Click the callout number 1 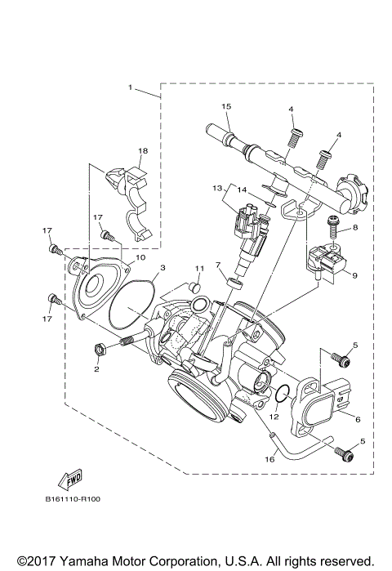[131, 87]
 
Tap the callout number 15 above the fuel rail [226, 106]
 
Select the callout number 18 [143, 151]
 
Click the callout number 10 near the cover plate [140, 257]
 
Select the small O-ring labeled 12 [280, 395]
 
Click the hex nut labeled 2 [100, 350]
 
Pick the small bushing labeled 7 [234, 283]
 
